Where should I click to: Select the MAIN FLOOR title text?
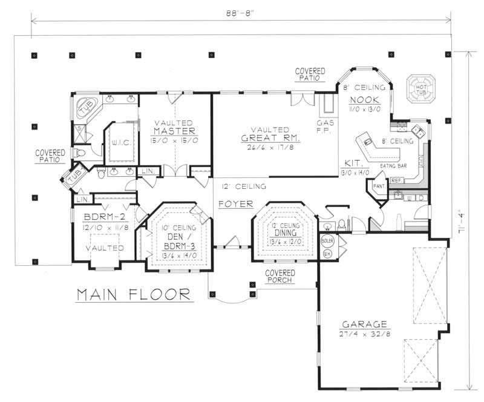[132, 295]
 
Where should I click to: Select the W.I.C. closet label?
[117, 143]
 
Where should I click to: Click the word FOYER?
[235, 204]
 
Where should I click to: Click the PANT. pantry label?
[379, 186]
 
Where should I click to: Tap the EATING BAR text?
[392, 165]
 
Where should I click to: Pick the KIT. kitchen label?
[353, 163]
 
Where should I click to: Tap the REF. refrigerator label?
[396, 180]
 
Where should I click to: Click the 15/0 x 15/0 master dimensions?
[174, 140]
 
